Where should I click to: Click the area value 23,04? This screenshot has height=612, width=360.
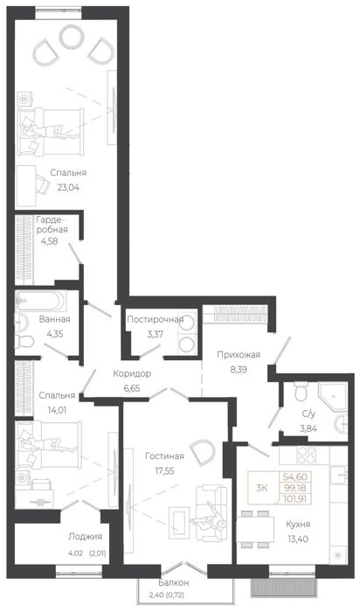pos(68,187)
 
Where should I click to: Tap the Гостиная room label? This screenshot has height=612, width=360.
pos(164,456)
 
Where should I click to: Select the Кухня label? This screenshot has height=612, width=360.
pos(298,525)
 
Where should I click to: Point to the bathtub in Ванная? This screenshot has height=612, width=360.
pos(40,301)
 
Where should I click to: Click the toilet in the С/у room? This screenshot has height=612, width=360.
pos(301,391)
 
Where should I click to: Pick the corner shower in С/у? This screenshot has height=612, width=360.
pos(332,396)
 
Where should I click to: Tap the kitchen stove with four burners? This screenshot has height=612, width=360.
pos(306,455)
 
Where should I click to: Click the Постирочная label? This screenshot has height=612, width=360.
pos(156,320)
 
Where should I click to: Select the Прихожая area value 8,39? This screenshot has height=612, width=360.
pos(238,370)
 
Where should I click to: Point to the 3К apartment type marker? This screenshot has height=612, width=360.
pos(262,488)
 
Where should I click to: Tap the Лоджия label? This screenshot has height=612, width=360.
pos(85,537)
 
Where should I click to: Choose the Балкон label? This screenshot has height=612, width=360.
pos(174,583)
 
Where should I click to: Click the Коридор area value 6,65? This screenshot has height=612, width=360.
pos(131,388)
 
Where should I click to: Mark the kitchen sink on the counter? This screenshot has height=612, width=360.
pos(338,474)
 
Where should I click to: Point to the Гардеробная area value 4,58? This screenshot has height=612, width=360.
pos(50,241)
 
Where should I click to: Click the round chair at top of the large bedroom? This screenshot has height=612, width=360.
pos(72,36)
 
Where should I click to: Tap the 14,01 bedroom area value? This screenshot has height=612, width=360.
pos(57,410)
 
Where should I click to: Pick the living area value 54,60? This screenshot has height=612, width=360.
pos(295,476)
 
